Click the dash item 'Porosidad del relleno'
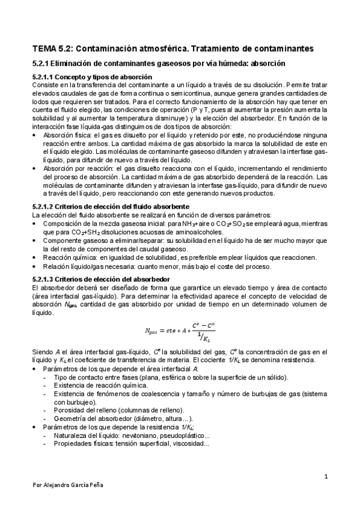pos(90,410)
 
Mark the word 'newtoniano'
pos(132,435)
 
